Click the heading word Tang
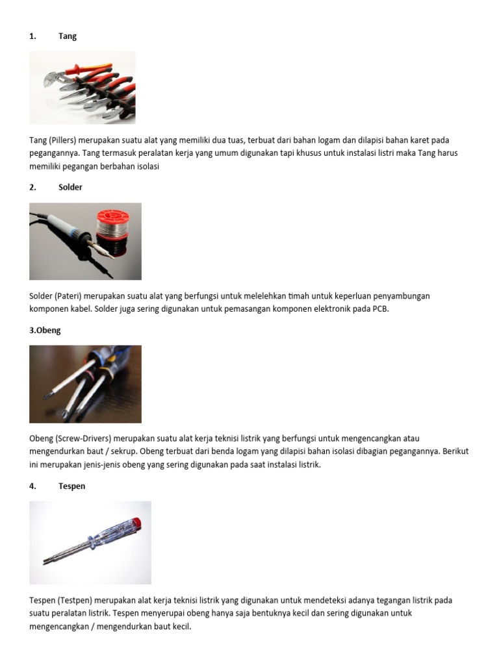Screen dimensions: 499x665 (68, 36)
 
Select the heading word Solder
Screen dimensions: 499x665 (70, 187)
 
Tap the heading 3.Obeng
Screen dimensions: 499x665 (45, 331)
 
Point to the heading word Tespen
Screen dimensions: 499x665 (71, 486)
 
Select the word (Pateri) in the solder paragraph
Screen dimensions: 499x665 (68, 296)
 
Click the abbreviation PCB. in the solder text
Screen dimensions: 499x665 (381, 308)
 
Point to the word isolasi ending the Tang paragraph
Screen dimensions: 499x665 (147, 167)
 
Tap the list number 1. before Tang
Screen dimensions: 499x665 (32, 36)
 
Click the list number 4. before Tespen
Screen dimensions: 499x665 (32, 486)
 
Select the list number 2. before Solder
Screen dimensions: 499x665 (32, 187)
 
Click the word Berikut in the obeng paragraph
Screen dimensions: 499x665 (455, 451)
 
